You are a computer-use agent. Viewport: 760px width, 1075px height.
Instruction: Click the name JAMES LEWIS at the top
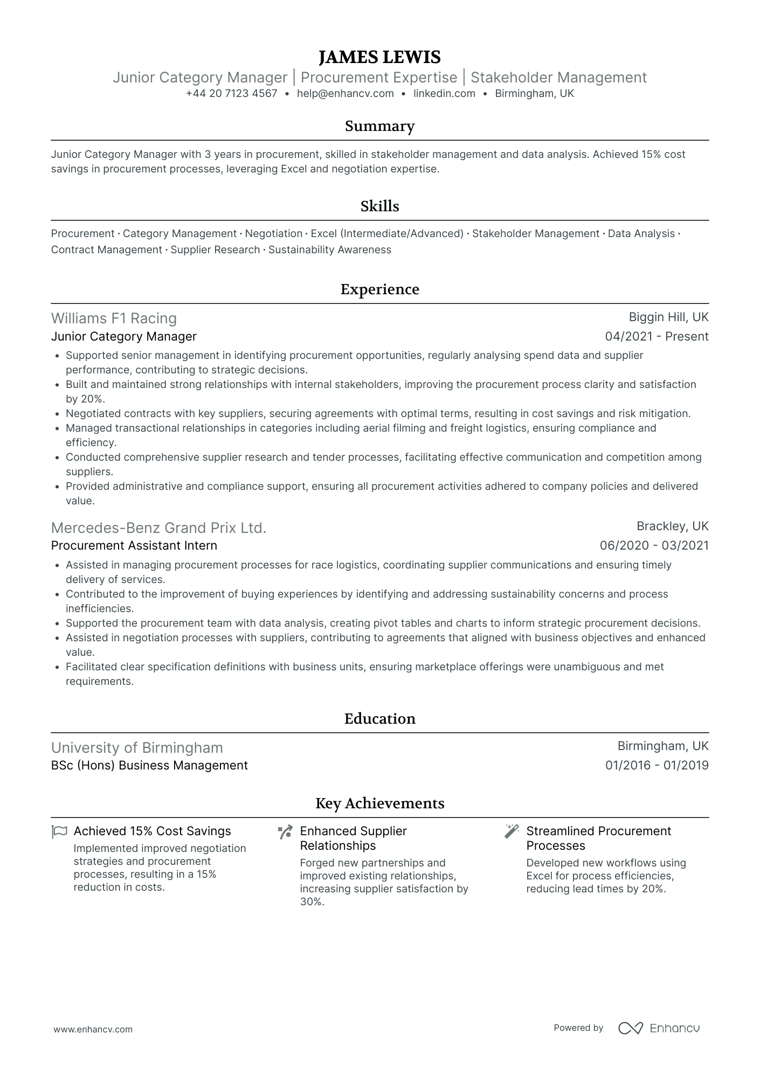(379, 57)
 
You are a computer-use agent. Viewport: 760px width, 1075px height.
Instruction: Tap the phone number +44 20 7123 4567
(231, 94)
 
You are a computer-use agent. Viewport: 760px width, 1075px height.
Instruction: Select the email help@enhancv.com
(345, 94)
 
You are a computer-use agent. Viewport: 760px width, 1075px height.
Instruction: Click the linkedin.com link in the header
(444, 94)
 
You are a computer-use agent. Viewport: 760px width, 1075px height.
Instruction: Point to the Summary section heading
(379, 126)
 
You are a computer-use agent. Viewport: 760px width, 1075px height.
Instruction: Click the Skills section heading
(379, 206)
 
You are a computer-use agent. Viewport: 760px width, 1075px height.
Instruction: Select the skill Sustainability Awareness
(329, 250)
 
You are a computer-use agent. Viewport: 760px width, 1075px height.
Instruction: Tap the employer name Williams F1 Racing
(114, 318)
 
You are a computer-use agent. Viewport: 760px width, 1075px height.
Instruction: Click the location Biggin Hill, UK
(668, 317)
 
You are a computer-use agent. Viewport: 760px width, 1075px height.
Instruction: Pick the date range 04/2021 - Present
(657, 337)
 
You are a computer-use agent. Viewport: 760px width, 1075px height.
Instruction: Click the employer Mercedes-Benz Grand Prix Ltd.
(158, 528)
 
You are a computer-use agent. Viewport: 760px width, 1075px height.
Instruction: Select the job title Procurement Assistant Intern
(134, 546)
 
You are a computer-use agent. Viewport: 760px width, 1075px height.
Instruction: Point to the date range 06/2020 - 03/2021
(654, 546)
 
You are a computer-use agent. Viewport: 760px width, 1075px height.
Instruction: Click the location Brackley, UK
(672, 526)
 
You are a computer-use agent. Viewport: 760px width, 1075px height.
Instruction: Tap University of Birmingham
(137, 748)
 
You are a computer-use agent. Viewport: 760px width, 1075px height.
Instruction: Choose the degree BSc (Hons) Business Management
(149, 766)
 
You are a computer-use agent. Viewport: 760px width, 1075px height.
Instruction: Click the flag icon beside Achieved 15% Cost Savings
(59, 832)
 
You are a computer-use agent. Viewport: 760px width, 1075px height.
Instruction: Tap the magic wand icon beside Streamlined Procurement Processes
(511, 831)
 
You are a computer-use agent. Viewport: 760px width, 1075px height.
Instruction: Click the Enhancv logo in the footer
(659, 1028)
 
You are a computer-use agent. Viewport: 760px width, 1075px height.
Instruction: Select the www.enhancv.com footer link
(93, 1030)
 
